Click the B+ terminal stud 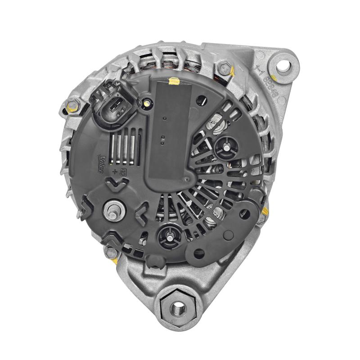point(112,209)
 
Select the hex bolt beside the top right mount point(223,69)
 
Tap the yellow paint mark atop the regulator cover point(172,81)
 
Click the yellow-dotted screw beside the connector point(146,103)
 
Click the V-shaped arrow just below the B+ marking point(115,183)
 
